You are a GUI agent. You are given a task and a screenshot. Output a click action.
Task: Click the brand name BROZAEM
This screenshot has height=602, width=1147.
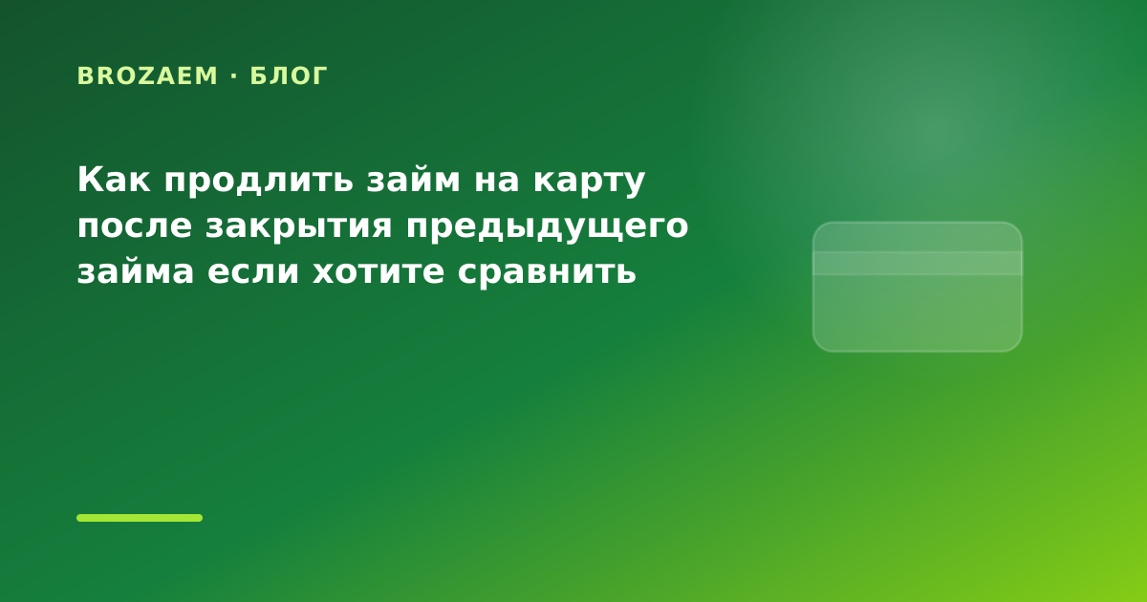(147, 75)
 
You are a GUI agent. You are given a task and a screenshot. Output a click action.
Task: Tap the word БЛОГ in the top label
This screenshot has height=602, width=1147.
(289, 76)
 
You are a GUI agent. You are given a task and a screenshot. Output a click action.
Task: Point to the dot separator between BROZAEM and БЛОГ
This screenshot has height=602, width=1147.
(234, 75)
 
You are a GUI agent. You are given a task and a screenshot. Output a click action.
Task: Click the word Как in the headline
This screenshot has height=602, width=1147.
(114, 180)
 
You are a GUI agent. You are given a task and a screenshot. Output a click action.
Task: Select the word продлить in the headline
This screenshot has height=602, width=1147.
(259, 181)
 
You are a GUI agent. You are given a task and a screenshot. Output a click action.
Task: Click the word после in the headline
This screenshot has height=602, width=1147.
(135, 226)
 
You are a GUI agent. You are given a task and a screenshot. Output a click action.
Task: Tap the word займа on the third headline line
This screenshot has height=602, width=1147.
(136, 271)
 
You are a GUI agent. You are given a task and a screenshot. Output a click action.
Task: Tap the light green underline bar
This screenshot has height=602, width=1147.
(140, 518)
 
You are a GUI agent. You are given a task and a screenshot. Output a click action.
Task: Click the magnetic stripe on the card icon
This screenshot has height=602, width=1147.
(917, 263)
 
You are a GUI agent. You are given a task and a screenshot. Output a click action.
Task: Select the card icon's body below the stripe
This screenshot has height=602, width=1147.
(917, 312)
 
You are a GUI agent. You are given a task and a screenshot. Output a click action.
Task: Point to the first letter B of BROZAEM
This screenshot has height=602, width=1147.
(84, 75)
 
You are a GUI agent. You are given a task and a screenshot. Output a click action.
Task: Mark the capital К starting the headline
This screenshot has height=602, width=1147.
(89, 180)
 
